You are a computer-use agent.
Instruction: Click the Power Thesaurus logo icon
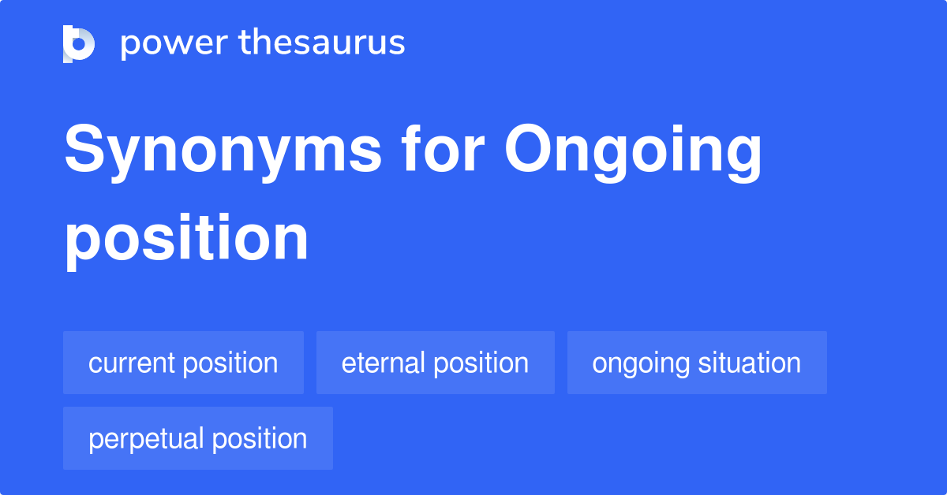click(79, 43)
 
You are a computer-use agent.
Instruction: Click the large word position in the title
click(186, 240)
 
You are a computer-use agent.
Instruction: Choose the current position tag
click(183, 363)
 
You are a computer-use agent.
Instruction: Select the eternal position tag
click(435, 363)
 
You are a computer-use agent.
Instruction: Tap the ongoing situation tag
click(697, 363)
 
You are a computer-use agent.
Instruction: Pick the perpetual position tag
click(197, 438)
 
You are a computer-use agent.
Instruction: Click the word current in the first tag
click(132, 363)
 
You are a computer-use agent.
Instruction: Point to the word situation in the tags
click(750, 363)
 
